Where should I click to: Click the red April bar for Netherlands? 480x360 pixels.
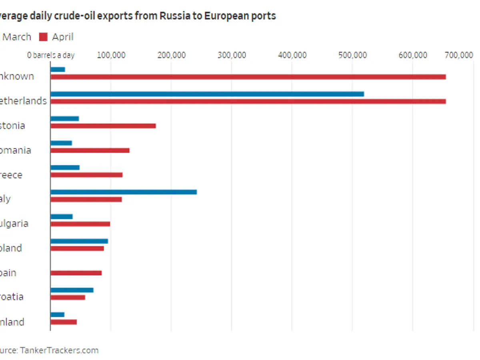248,102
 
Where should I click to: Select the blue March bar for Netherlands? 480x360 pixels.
207,94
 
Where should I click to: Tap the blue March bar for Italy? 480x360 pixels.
124,192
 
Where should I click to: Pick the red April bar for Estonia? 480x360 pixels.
103,126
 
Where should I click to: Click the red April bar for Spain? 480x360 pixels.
76,273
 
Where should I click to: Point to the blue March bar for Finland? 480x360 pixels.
58,315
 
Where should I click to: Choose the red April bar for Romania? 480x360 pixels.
90,150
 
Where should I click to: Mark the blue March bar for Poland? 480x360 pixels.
79,241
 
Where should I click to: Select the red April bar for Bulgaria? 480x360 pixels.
80,224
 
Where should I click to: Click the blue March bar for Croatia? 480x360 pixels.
72,290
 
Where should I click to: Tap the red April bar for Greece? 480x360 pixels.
86,175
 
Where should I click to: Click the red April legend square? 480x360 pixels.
43,37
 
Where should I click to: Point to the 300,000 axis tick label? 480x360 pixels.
232,55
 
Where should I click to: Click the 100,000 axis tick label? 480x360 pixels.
111,55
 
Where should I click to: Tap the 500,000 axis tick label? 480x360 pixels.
352,55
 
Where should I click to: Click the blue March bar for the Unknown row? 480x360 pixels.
58,70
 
